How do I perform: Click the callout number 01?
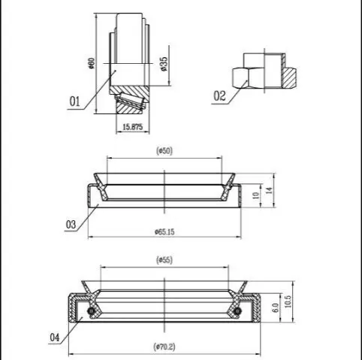coord(74,101)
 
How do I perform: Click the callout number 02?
coord(219,96)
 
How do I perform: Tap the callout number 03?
coord(71,225)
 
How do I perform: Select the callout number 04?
coord(55,337)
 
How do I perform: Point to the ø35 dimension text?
coord(164,64)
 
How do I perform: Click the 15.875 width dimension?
coord(132,127)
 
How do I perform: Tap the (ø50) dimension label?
coord(164,151)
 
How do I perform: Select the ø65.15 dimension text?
coord(164,231)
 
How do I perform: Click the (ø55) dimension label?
coord(164,260)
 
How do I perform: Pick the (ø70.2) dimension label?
coord(164,347)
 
